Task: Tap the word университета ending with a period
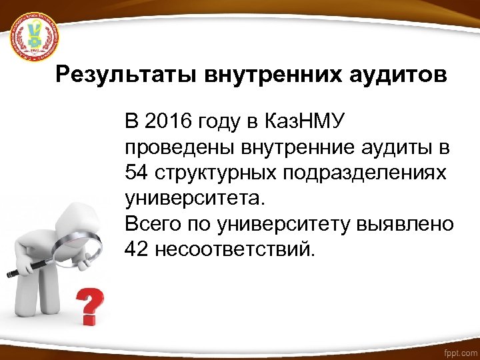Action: point(194,198)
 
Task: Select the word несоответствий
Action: point(234,249)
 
